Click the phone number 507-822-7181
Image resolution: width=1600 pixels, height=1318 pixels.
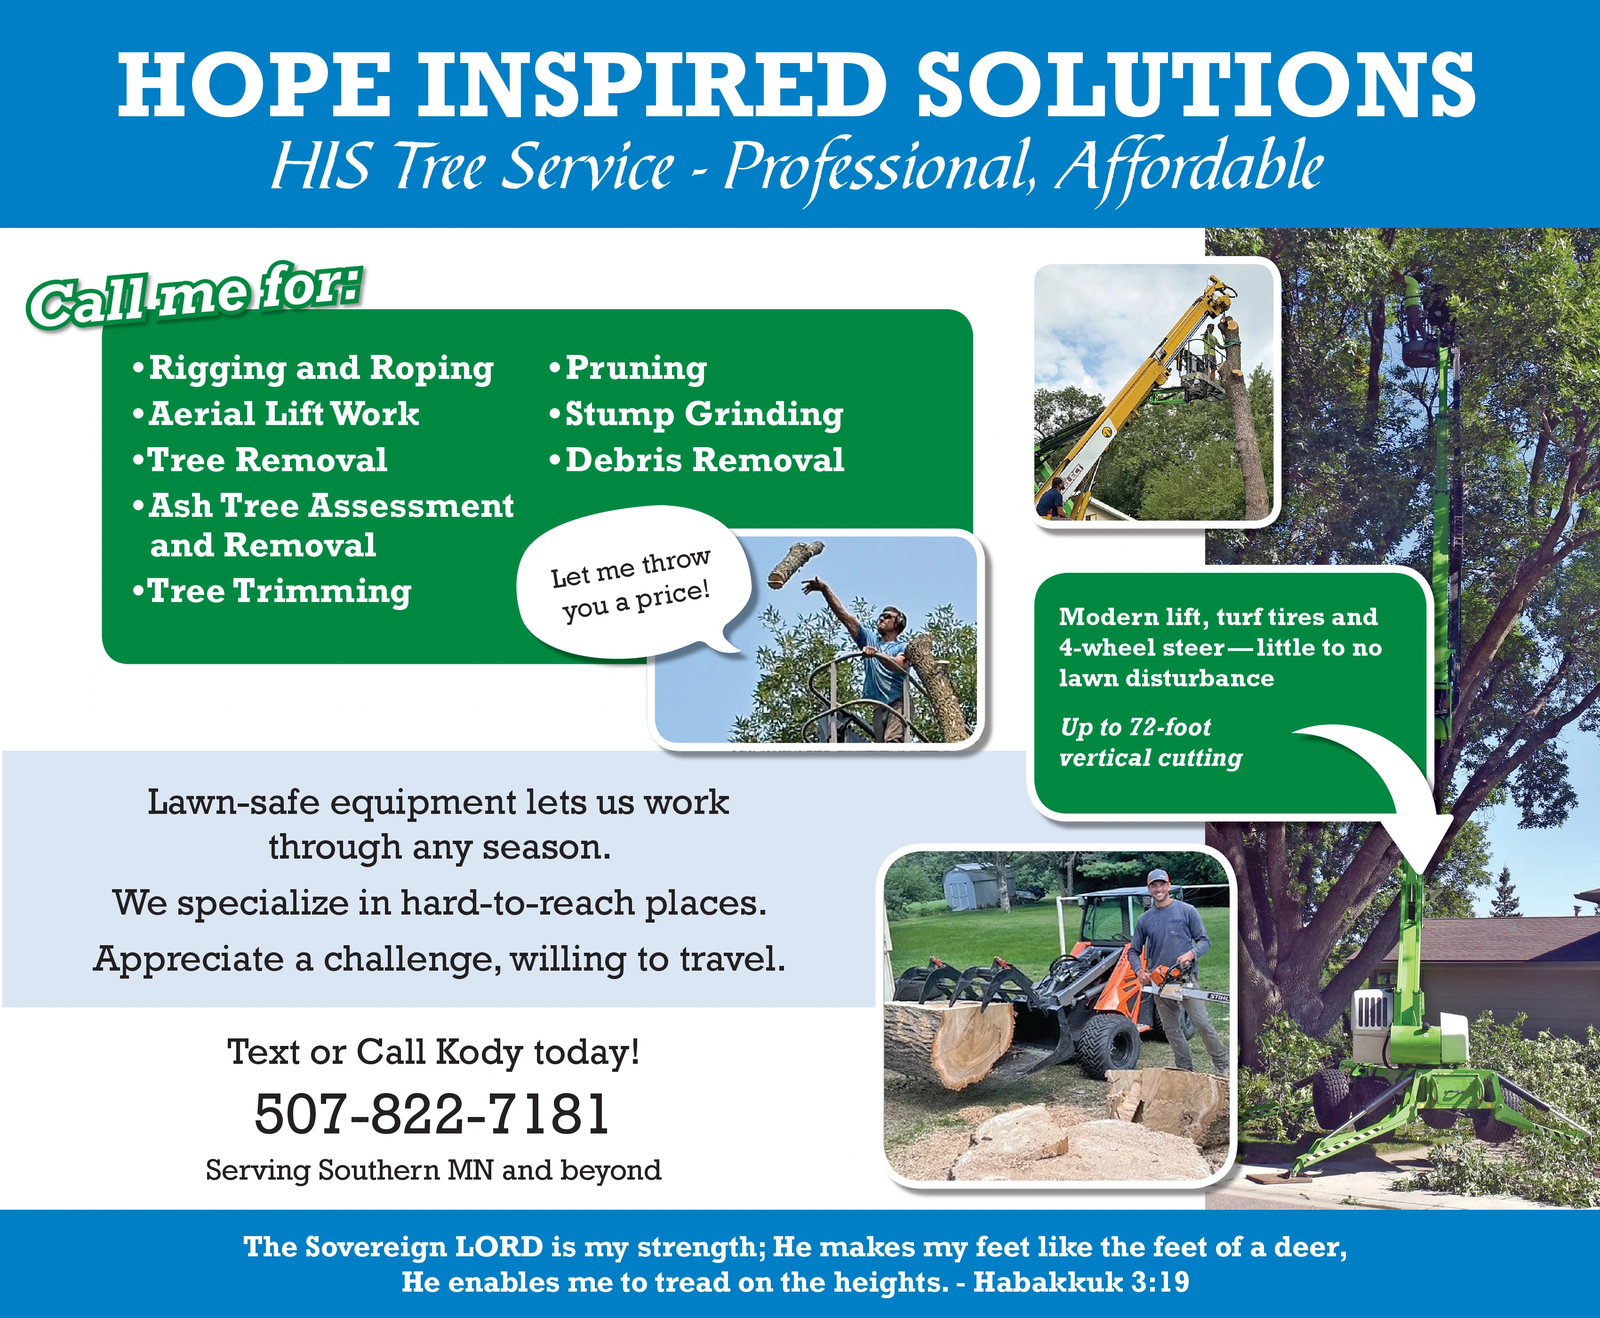pyautogui.click(x=432, y=1114)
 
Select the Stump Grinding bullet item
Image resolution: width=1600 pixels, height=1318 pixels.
pyautogui.click(x=696, y=414)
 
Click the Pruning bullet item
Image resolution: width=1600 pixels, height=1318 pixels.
pyautogui.click(x=627, y=368)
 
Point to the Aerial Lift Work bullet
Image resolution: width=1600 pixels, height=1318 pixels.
pyautogui.click(x=275, y=414)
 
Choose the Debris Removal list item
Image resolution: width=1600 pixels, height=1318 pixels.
pyautogui.click(x=696, y=460)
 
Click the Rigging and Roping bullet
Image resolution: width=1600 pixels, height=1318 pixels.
pyautogui.click(x=313, y=368)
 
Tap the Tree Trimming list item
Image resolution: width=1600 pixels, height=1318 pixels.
pyautogui.click(x=271, y=591)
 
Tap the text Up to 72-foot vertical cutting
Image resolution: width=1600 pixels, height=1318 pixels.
pyautogui.click(x=1150, y=742)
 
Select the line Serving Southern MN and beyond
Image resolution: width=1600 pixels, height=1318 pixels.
pyautogui.click(x=433, y=1170)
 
